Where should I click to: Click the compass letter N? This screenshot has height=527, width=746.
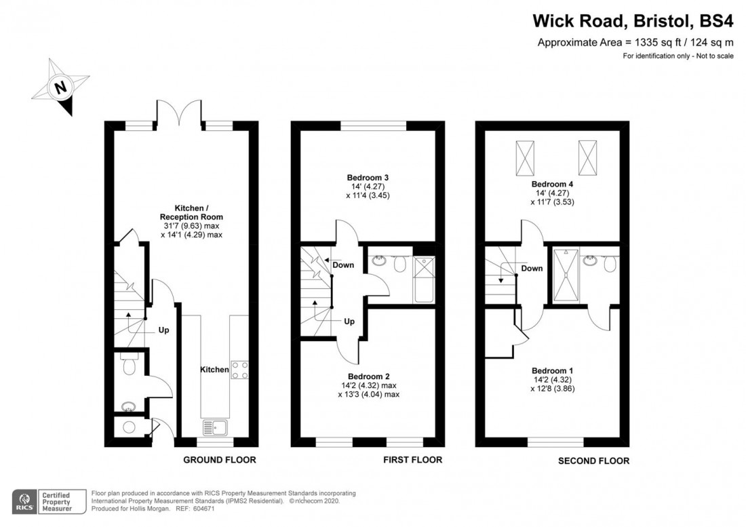(60, 87)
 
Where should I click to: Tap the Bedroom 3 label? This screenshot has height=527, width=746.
(368, 178)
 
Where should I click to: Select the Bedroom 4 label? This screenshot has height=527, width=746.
(552, 184)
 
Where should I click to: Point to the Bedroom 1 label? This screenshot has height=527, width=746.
(552, 371)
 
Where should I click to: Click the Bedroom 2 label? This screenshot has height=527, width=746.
(369, 376)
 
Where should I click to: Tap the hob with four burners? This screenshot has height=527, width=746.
(239, 370)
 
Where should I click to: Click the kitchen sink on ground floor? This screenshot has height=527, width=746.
(215, 427)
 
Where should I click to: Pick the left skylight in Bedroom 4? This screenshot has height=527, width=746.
(525, 158)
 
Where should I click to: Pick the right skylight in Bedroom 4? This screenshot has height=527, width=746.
(587, 157)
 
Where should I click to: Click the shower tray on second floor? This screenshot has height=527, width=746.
(566, 275)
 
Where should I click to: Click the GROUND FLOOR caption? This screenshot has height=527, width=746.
(220, 460)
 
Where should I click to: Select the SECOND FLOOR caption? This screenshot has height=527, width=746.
(594, 461)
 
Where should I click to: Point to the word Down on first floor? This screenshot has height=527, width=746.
(343, 265)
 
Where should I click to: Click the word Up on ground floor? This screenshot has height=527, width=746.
(163, 330)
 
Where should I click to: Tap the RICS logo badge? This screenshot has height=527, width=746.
(24, 501)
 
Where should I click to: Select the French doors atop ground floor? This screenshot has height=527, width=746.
(180, 113)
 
